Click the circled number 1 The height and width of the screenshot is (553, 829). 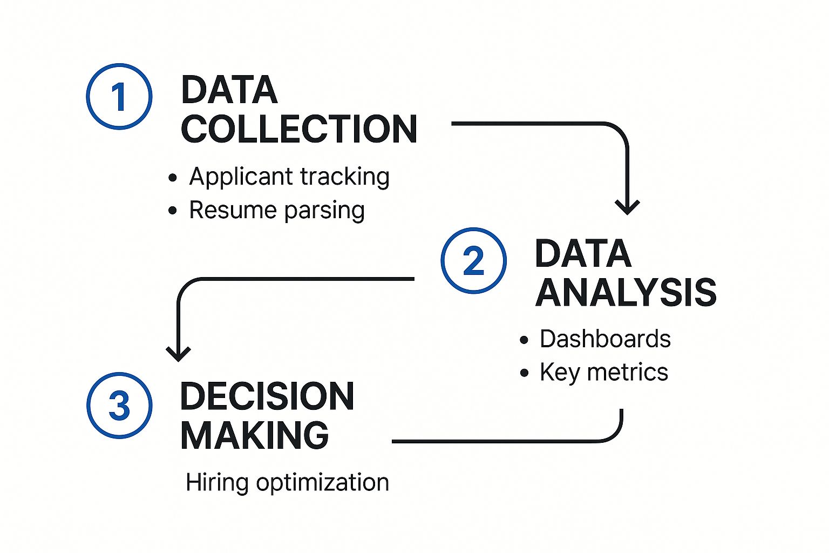(119, 97)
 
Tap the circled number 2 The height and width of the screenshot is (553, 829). (473, 261)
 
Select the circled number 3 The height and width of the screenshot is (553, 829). (119, 405)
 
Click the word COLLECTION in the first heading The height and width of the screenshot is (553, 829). (299, 129)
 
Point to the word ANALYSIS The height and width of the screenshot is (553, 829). (626, 293)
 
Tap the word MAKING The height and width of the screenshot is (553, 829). (254, 435)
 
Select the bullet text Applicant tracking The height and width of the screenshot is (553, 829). (289, 177)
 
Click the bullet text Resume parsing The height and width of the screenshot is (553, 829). (277, 210)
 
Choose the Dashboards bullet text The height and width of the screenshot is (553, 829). (605, 339)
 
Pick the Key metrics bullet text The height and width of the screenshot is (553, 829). (603, 373)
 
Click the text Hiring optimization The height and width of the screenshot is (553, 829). (287, 482)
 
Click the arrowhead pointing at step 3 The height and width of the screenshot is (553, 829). (178, 354)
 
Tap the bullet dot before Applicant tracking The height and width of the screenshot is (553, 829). (173, 178)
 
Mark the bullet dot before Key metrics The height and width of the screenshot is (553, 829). (524, 373)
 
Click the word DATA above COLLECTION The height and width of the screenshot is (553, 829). (229, 90)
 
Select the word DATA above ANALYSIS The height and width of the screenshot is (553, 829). (583, 254)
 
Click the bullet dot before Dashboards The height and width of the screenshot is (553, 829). (524, 340)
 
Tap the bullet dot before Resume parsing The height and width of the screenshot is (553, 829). (173, 211)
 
